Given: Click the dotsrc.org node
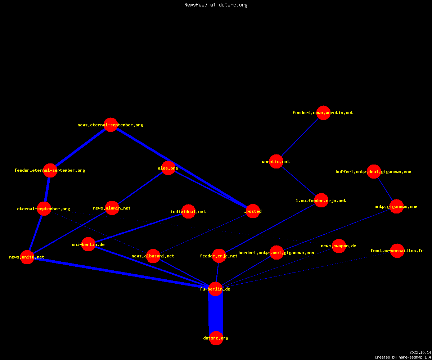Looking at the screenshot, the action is point(216,338).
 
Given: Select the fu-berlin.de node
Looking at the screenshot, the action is point(215,289).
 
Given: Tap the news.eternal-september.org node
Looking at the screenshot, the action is point(111,125).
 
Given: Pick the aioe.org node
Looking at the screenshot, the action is point(168,168).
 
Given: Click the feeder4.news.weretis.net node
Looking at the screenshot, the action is point(323,113).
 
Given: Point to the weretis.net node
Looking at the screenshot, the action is point(276,161).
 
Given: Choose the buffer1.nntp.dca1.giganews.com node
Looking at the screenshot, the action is point(374,171).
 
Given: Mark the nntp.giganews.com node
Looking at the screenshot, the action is point(397,207).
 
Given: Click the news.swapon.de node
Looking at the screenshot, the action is point(339,246).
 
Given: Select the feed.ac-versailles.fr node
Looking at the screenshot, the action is point(397,251).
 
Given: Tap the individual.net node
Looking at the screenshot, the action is point(189,211).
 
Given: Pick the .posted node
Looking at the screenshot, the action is point(253,211).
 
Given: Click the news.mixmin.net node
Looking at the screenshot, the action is point(112,208).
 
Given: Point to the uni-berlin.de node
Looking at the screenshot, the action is point(88,244).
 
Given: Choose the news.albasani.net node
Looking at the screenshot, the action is point(153,256).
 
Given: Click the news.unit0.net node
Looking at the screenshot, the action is point(27,257).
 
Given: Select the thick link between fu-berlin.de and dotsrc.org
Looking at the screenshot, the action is point(216,314).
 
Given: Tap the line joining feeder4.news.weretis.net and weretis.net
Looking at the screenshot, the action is point(300,137).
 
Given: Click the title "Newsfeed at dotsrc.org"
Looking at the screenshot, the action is point(216,5).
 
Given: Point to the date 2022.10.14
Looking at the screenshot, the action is point(420,352).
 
